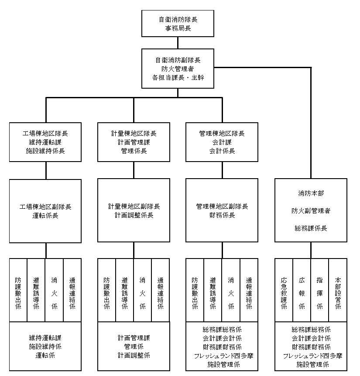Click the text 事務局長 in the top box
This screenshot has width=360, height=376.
pos(178,29)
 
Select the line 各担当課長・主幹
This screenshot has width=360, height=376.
pos(178,77)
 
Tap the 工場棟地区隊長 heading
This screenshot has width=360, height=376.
pos(45,133)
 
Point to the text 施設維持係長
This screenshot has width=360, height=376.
pos(45,151)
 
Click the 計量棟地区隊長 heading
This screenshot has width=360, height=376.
pos(134,133)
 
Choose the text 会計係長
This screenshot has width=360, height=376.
pos(222,151)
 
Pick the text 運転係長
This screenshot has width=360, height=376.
pos(45,215)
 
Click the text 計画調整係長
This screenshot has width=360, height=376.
pos(134,215)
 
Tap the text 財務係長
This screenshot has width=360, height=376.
pos(222,215)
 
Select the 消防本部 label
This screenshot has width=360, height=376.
pos(311,192)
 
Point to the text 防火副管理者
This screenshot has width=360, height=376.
pos(311,210)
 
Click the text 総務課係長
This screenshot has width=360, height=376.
pos(311,228)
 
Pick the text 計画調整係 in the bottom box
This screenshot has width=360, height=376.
pos(134,355)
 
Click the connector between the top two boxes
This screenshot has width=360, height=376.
pos(178,42)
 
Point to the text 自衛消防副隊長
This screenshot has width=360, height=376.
pos(178,60)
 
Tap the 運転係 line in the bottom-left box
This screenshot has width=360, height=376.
pos(45,355)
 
